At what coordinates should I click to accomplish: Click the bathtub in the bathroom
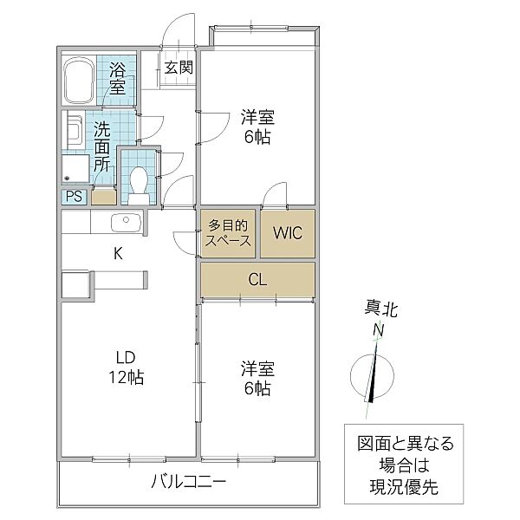[80, 80]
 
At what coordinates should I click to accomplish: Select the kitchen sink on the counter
[126, 223]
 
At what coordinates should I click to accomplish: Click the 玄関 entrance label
[179, 68]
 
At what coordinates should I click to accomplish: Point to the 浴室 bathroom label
[117, 78]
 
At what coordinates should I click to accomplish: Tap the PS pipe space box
[75, 197]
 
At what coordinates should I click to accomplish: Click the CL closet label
[257, 280]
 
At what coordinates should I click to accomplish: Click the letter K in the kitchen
[118, 253]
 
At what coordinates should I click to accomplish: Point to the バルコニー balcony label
[187, 481]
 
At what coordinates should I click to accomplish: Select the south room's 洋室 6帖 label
[257, 379]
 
